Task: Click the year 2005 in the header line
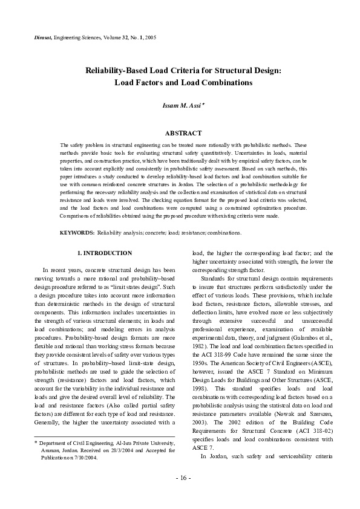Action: [x=150, y=38]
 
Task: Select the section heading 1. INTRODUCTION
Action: [x=105, y=253]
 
